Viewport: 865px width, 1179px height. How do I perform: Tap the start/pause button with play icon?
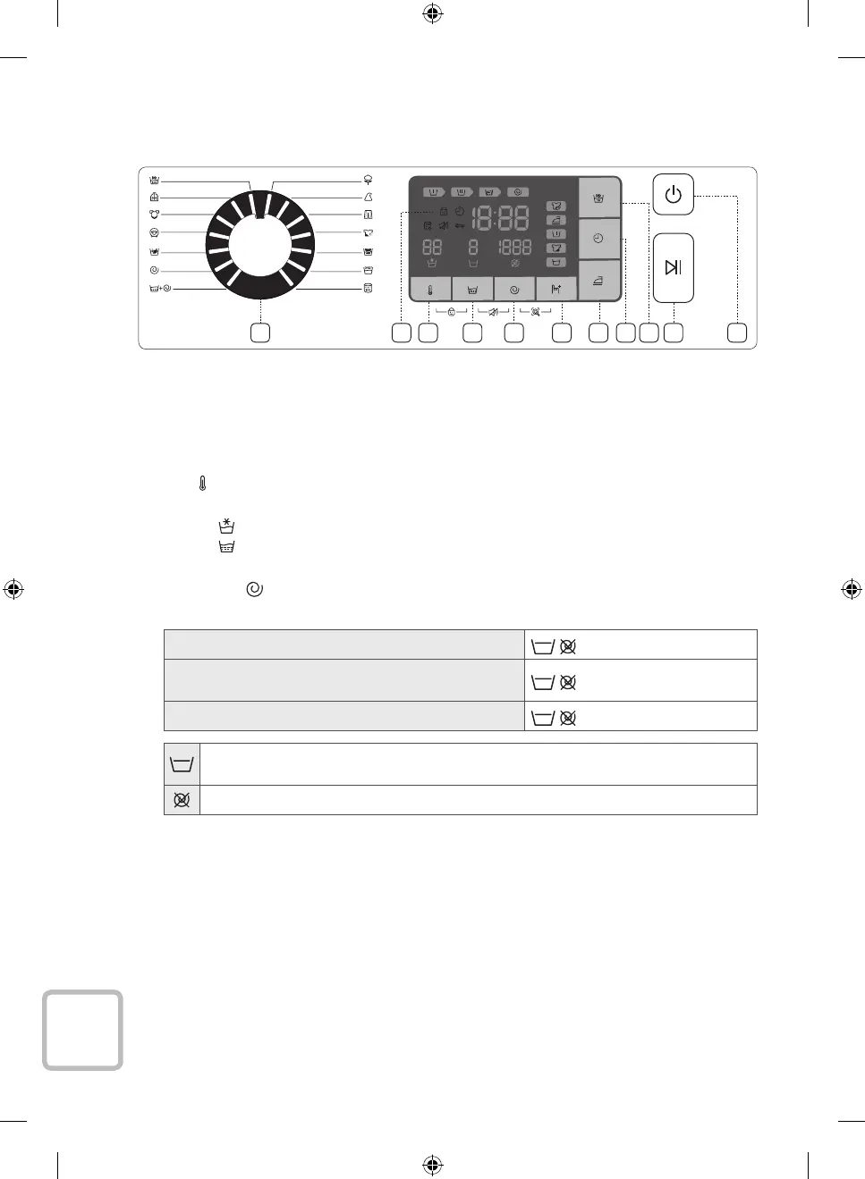point(673,267)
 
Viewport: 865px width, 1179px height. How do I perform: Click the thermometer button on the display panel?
point(430,290)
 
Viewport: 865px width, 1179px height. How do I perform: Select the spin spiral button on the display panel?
point(514,290)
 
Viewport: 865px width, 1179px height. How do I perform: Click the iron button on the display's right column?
point(598,281)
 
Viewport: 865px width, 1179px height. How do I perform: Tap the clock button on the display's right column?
point(598,239)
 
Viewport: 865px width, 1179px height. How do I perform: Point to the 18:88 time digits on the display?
point(501,217)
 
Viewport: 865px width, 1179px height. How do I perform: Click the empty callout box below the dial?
point(259,333)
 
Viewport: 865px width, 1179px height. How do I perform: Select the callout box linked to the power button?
point(737,333)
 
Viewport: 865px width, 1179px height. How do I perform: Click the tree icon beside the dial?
point(368,180)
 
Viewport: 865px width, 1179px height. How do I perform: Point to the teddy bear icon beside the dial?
point(154,215)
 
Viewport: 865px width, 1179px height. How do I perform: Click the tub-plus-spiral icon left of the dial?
point(160,288)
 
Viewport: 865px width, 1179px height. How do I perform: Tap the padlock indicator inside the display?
point(443,212)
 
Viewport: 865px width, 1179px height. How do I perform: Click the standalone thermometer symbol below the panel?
point(203,484)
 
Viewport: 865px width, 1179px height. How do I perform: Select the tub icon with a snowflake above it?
point(226,526)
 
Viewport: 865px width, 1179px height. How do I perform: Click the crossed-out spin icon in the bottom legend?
point(182,800)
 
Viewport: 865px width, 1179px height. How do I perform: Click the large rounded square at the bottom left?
point(82,1030)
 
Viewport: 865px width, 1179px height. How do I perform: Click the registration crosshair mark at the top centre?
point(432,13)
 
